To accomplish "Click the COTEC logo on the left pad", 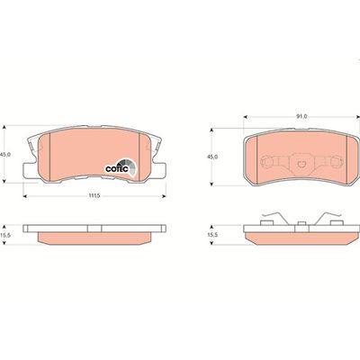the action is pos(121,167).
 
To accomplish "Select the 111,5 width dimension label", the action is pos(94,196).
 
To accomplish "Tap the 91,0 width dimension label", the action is pos(302,117).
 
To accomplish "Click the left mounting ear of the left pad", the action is pos(30,171).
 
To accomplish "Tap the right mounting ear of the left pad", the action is pos(159,171).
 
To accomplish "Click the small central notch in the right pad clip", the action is pos(301,165).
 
